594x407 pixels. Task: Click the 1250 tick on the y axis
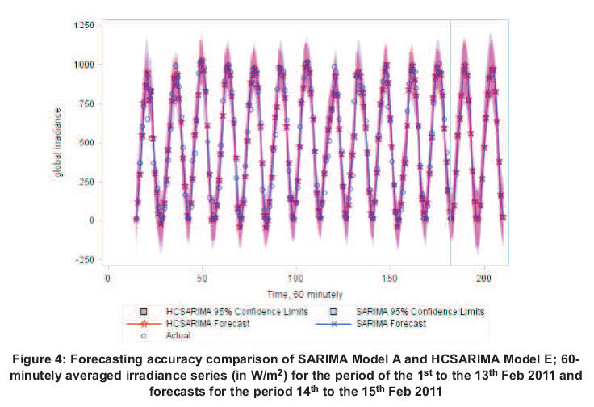(x=83, y=25)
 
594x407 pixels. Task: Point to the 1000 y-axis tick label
(x=83, y=65)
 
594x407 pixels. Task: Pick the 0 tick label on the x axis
(x=108, y=279)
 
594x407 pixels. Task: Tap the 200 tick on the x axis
(x=484, y=279)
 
